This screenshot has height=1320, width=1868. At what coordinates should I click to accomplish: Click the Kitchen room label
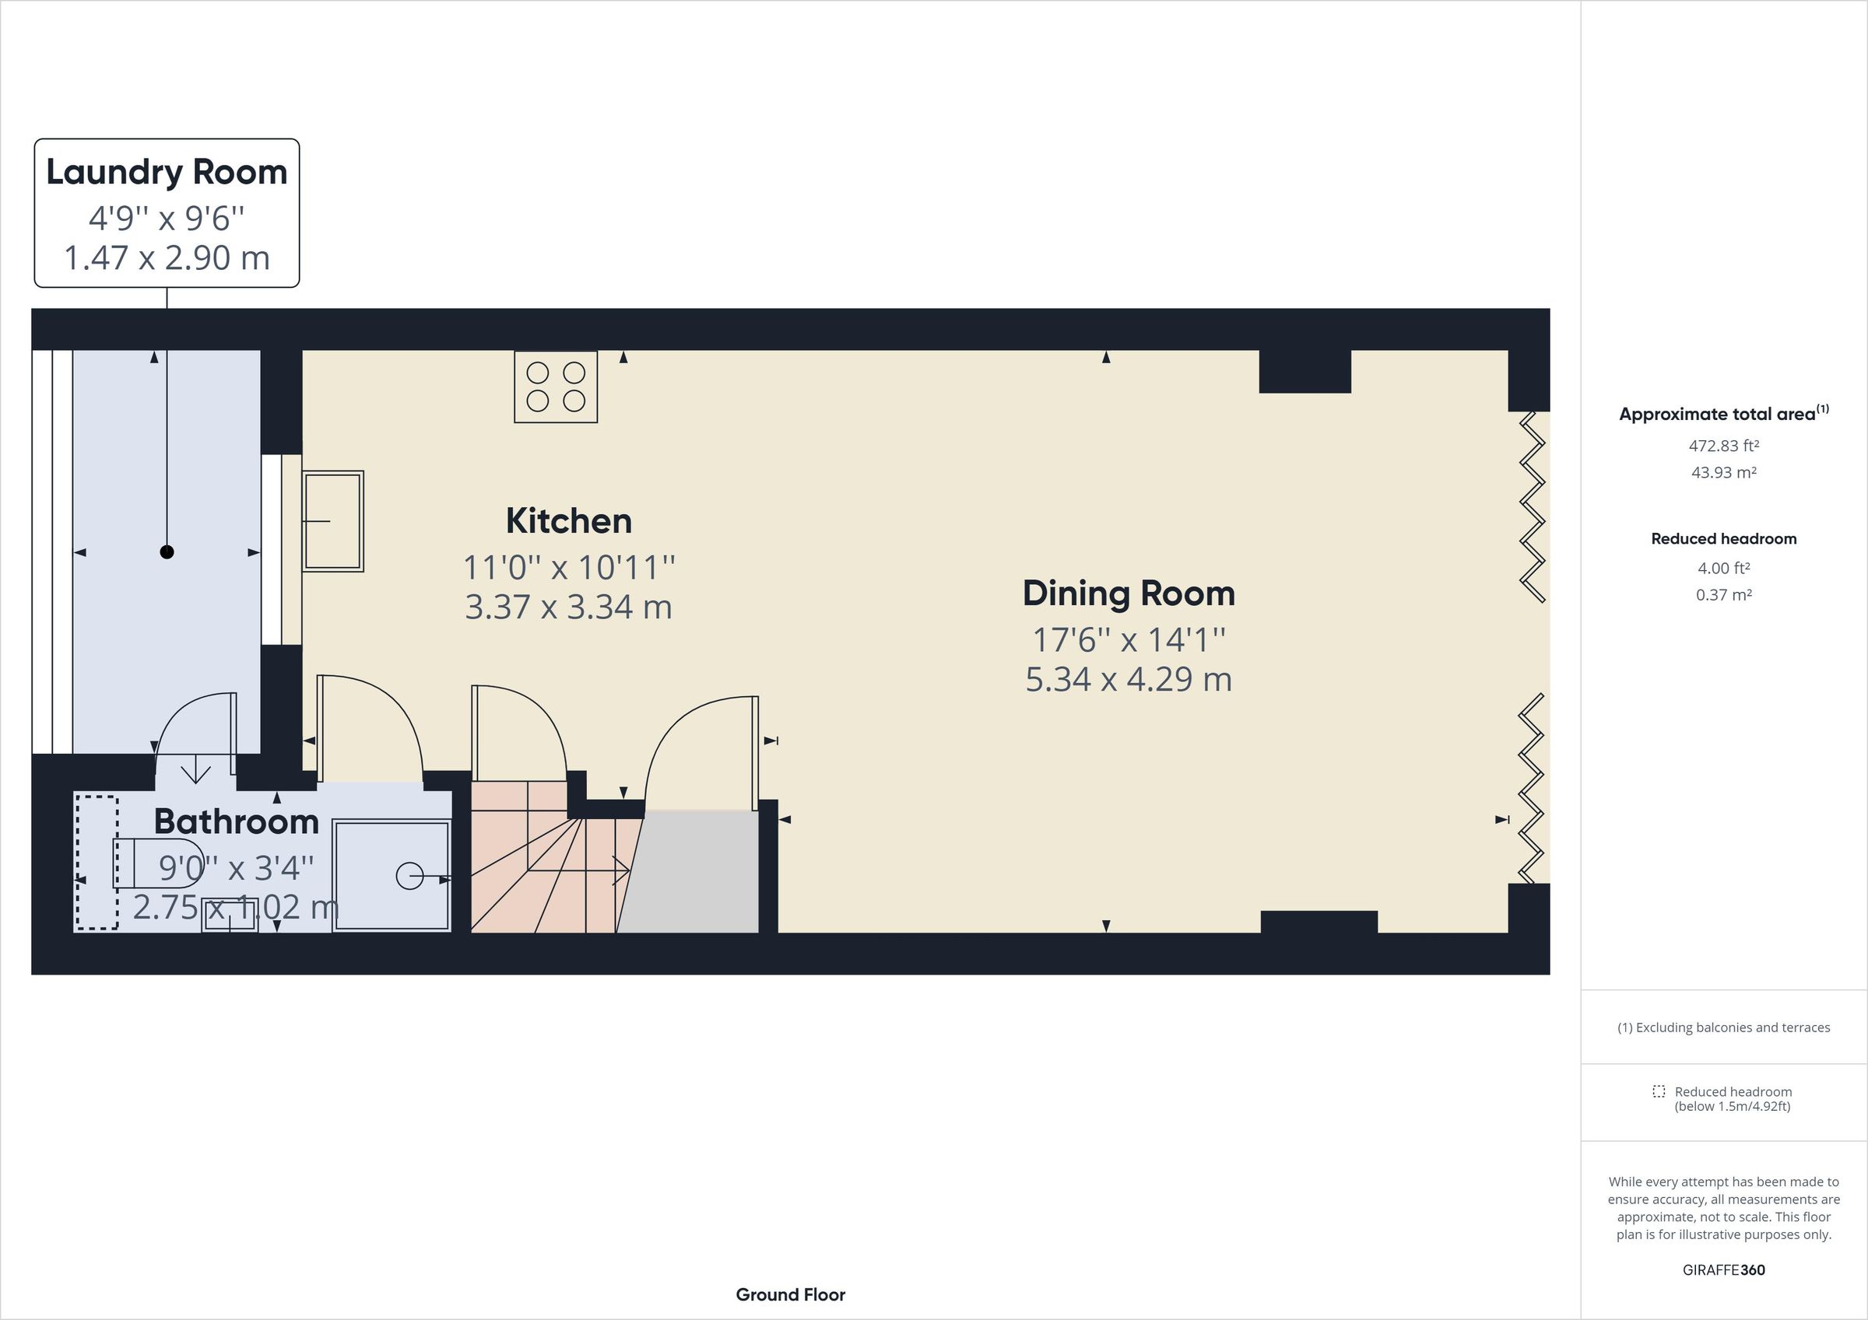pyautogui.click(x=569, y=521)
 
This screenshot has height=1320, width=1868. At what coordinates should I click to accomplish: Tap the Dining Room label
pyautogui.click(x=1129, y=593)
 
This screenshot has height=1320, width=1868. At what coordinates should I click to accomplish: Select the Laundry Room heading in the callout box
pyautogui.click(x=167, y=173)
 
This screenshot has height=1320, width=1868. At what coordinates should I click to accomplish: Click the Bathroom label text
pyautogui.click(x=236, y=822)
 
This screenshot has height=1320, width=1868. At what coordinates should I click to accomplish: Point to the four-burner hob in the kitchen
pyautogui.click(x=556, y=387)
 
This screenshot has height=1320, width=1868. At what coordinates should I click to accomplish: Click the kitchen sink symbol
pyautogui.click(x=333, y=521)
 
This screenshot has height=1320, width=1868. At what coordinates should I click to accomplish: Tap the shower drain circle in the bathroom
pyautogui.click(x=409, y=876)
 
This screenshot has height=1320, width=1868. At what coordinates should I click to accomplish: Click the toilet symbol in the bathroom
pyautogui.click(x=160, y=863)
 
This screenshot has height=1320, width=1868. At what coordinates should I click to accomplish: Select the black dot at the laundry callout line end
pyautogui.click(x=167, y=552)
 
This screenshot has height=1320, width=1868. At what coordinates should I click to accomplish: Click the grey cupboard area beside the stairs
pyautogui.click(x=692, y=874)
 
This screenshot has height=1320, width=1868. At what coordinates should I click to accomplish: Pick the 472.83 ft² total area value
pyautogui.click(x=1723, y=446)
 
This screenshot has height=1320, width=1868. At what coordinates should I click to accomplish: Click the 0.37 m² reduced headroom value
pyautogui.click(x=1723, y=594)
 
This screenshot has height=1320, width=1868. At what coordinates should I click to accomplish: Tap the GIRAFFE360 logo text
pyautogui.click(x=1723, y=1269)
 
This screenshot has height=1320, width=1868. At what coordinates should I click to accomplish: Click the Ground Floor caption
pyautogui.click(x=790, y=1295)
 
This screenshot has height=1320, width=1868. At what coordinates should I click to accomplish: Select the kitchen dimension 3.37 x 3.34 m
pyautogui.click(x=569, y=607)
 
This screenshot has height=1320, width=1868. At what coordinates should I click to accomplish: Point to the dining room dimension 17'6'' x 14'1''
pyautogui.click(x=1129, y=640)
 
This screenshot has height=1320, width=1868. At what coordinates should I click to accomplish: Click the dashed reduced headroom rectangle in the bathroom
pyautogui.click(x=97, y=862)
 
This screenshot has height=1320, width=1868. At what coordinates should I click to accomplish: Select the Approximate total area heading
pyautogui.click(x=1723, y=413)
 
